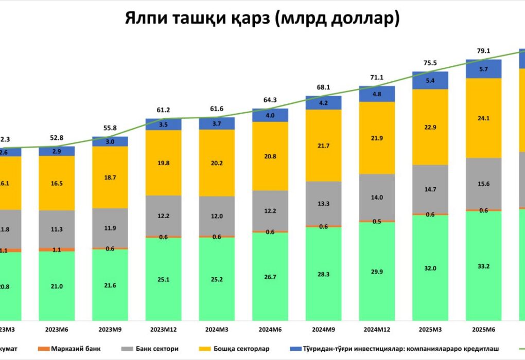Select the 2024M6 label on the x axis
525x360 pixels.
click(x=270, y=329)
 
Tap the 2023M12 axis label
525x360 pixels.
click(x=163, y=329)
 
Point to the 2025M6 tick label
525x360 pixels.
click(x=483, y=329)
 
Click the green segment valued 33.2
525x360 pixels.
click(x=483, y=265)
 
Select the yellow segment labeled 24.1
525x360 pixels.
click(x=483, y=118)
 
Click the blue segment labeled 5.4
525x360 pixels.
click(x=430, y=80)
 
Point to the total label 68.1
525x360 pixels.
click(x=323, y=87)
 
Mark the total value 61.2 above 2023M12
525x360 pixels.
click(x=163, y=111)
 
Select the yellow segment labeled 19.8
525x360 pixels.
click(x=163, y=163)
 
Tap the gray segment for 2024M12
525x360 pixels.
click(x=377, y=197)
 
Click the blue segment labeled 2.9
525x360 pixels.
click(x=57, y=151)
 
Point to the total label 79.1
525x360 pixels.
click(x=483, y=51)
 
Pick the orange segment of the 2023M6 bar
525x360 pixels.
click(x=57, y=249)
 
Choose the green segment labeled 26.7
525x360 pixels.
click(x=270, y=276)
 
